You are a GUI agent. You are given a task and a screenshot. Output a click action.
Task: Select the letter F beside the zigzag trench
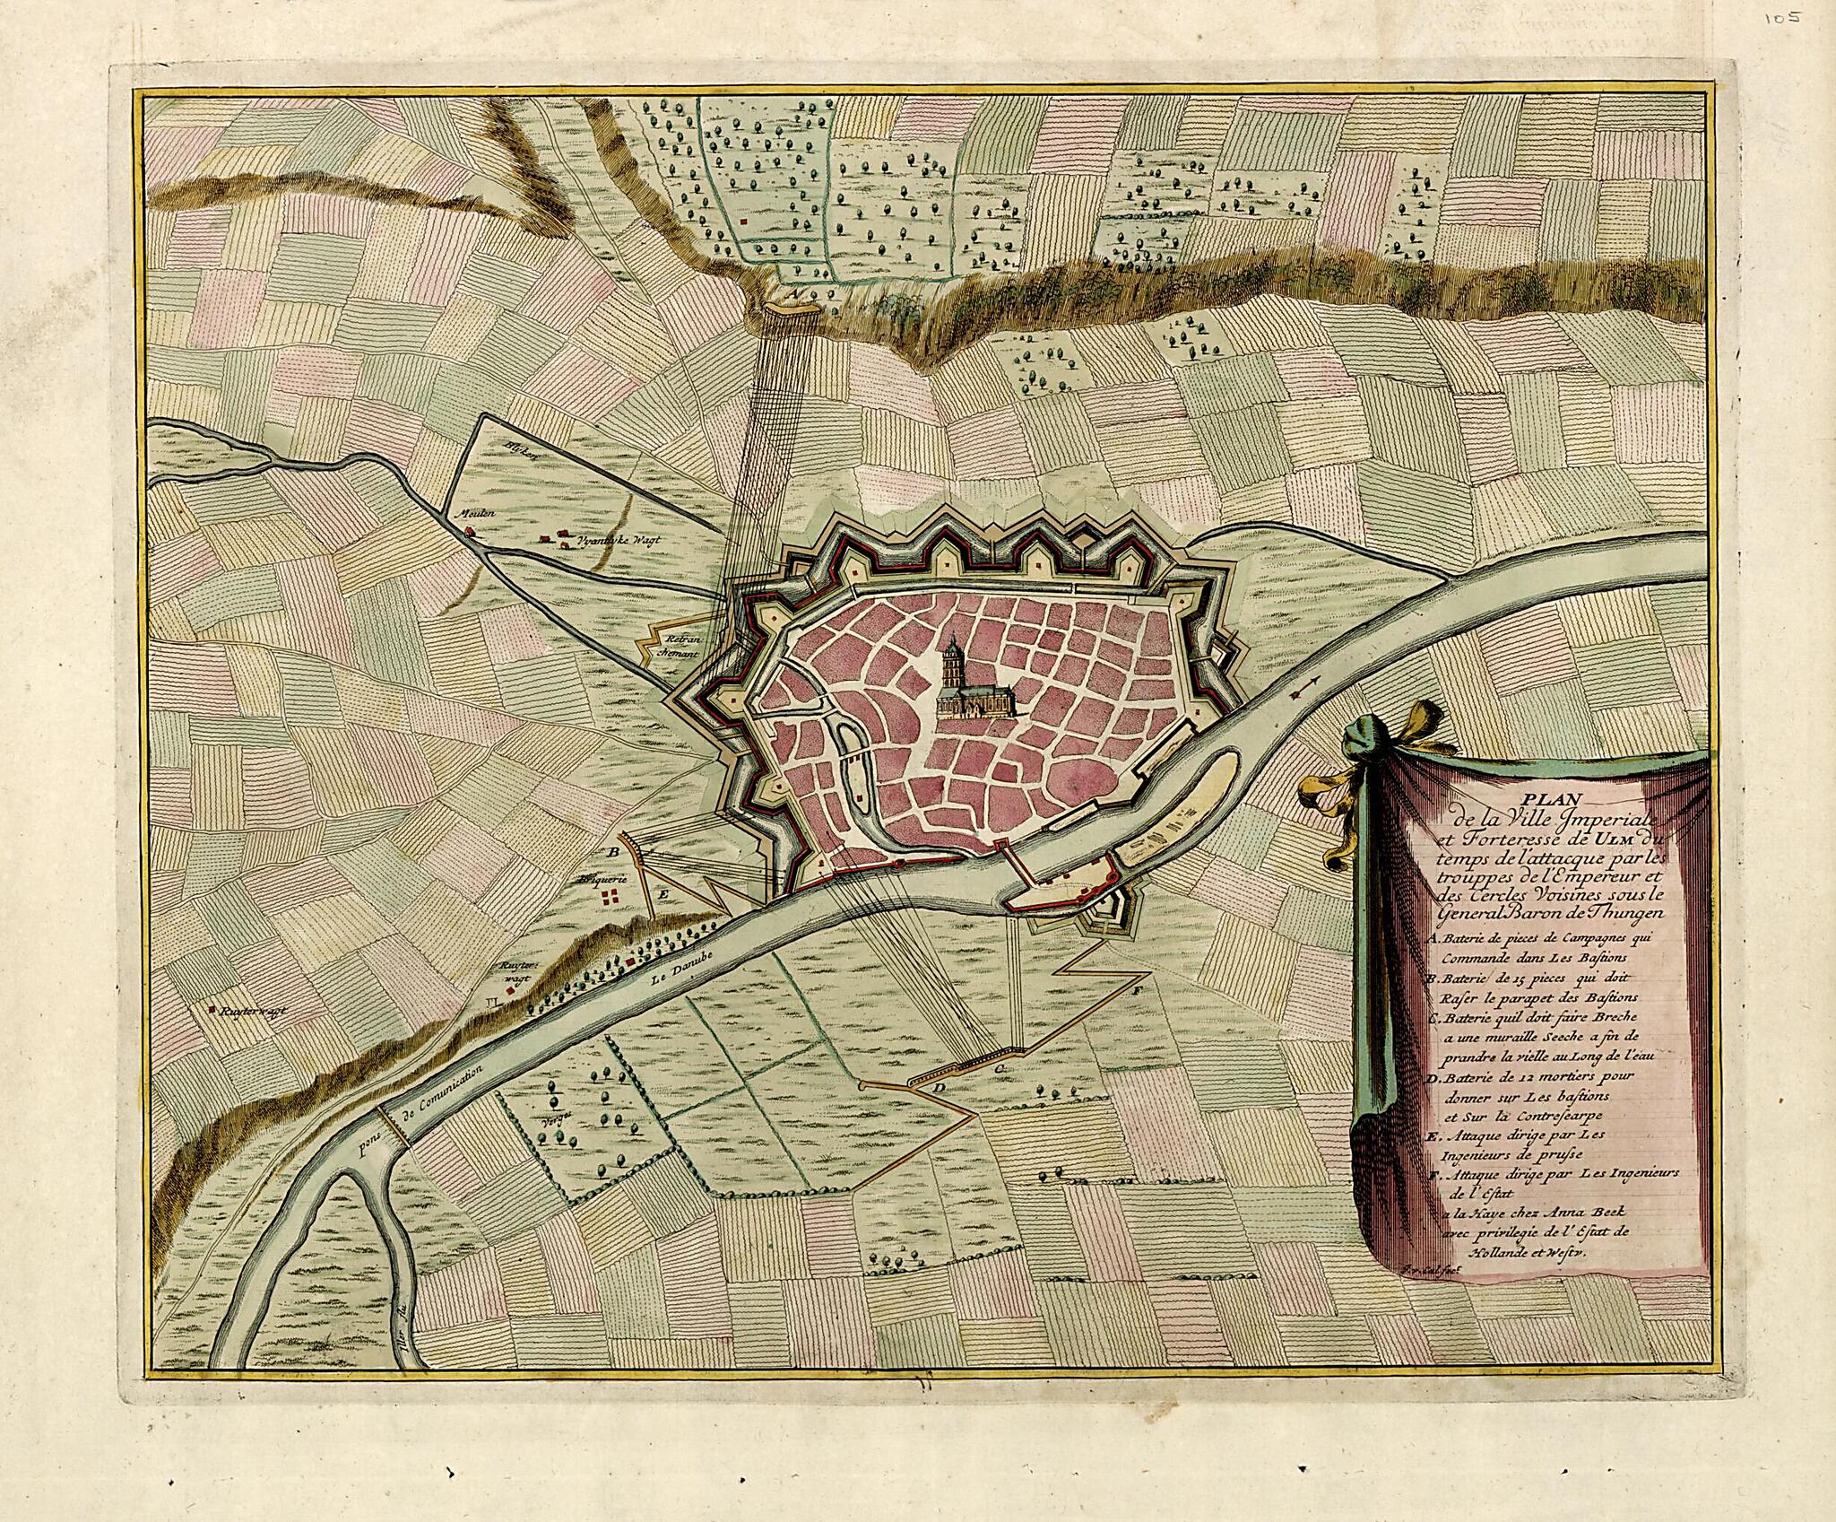pos(1137,991)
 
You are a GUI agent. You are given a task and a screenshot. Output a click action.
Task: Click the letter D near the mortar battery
pos(939,1088)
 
